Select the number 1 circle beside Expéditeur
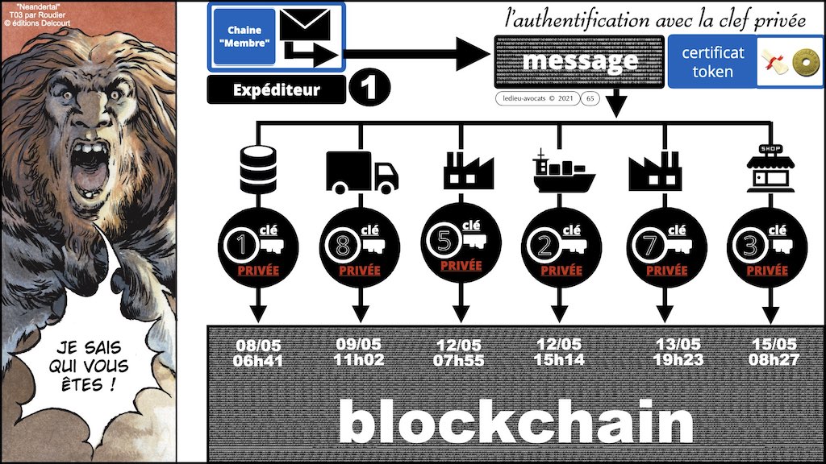point(371,89)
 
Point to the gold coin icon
point(802,62)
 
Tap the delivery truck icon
point(361,172)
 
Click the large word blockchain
point(516,423)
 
